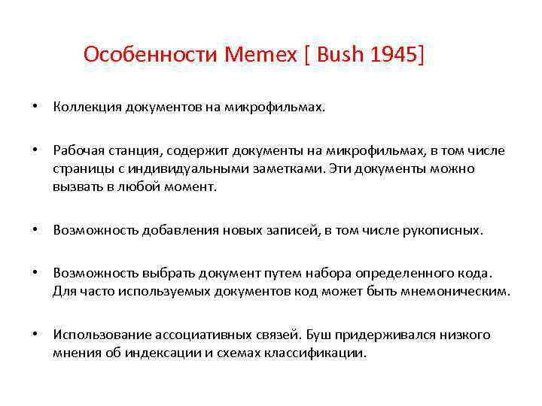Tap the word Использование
click(102, 335)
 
